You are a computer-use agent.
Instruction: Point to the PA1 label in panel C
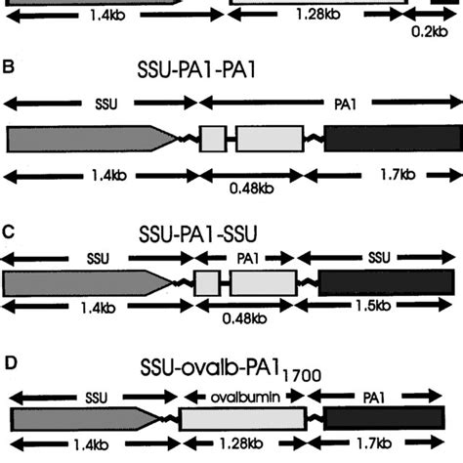click(x=246, y=258)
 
